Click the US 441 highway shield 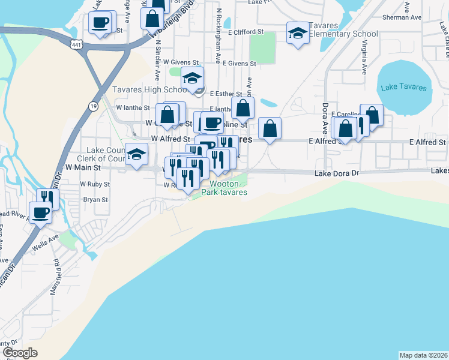76,45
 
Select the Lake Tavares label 405,88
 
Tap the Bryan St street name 95,199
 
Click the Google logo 20,353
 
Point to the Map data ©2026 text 423,355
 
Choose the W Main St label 82,167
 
